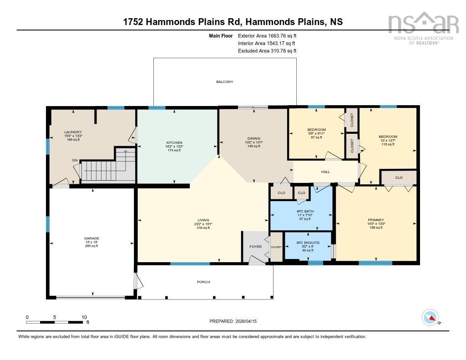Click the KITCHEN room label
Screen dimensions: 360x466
click(x=174, y=142)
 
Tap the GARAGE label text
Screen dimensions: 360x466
click(x=91, y=238)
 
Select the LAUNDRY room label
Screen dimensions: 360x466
click(x=73, y=132)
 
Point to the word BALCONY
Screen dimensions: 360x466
click(x=224, y=82)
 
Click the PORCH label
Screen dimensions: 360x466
click(x=203, y=282)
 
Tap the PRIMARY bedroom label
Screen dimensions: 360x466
click(x=376, y=220)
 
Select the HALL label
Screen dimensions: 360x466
click(x=325, y=172)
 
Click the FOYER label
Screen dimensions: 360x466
click(x=255, y=247)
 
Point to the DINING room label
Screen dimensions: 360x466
click(x=253, y=138)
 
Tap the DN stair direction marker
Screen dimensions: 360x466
click(x=75, y=160)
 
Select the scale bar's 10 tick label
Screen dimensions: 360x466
click(x=84, y=317)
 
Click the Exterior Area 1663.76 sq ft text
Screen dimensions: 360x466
click(x=267, y=35)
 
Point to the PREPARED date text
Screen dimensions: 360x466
click(x=233, y=321)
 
